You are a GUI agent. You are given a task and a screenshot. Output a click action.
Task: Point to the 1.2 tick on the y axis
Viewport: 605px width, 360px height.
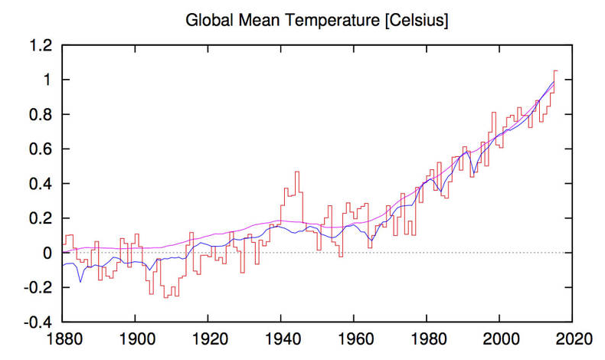(x=42, y=46)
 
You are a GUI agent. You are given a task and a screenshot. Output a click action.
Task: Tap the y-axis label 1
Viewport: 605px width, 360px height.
(x=47, y=80)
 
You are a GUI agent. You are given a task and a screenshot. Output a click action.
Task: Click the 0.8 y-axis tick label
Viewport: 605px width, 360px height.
(x=42, y=115)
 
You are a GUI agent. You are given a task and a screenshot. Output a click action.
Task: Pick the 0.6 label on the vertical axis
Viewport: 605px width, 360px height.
(x=42, y=149)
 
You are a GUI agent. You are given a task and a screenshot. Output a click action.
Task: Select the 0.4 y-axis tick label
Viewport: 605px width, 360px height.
(x=42, y=184)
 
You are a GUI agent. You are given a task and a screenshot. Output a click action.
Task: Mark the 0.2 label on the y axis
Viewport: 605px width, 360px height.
(x=42, y=218)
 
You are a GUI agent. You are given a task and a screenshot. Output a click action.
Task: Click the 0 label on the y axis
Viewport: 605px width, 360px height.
(x=47, y=253)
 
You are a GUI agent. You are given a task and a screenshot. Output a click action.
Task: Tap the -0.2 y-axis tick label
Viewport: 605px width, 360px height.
(x=40, y=287)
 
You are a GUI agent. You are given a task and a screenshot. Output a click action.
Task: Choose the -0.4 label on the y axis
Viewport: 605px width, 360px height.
(x=40, y=322)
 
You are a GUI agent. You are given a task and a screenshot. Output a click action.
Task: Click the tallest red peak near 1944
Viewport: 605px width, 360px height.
(x=296, y=172)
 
